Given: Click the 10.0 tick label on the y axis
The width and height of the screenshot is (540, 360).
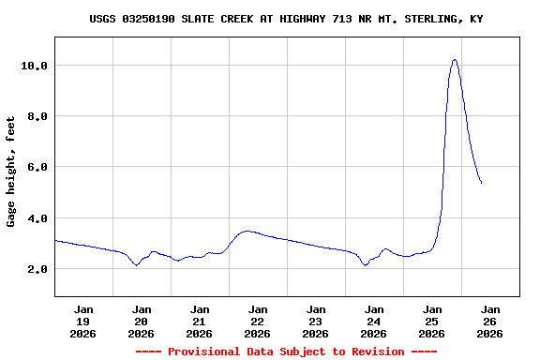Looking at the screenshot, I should pyautogui.click(x=35, y=66).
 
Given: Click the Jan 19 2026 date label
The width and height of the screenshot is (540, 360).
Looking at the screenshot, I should pyautogui.click(x=83, y=321).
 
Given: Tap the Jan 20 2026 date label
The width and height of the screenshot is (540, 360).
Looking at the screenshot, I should pyautogui.click(x=142, y=321).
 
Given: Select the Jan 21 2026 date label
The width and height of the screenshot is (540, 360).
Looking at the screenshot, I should pyautogui.click(x=200, y=321).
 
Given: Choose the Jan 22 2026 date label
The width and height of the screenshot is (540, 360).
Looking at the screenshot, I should pyautogui.click(x=258, y=321).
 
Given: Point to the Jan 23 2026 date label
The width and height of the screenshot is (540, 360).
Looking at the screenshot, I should pyautogui.click(x=316, y=321).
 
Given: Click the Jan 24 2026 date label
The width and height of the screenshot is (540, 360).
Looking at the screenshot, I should pyautogui.click(x=374, y=321).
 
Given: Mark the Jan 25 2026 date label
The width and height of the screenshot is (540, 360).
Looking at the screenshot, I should pyautogui.click(x=432, y=321).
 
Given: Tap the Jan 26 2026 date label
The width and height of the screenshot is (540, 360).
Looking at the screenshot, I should pyautogui.click(x=490, y=321).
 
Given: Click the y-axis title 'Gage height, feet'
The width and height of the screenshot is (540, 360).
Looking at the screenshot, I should pyautogui.click(x=12, y=171).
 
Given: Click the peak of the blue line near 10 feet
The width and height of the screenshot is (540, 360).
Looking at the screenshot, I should pyautogui.click(x=455, y=60).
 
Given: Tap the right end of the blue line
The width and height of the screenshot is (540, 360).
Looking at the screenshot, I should pyautogui.click(x=481, y=183).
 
